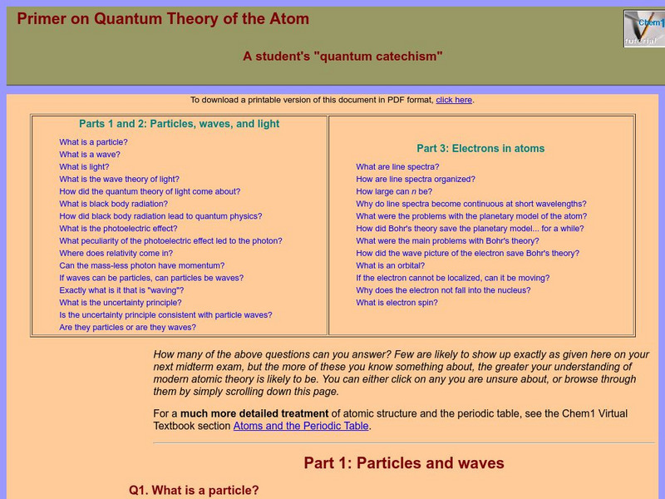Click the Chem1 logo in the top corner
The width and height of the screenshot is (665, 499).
(643, 28)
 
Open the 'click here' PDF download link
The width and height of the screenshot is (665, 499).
(454, 100)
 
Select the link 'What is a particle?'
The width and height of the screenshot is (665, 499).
(93, 142)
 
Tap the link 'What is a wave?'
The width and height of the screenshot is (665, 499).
(90, 155)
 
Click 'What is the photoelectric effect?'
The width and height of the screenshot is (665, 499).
(118, 229)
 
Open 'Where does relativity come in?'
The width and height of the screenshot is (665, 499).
(116, 254)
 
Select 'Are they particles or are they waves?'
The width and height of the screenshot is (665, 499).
(127, 328)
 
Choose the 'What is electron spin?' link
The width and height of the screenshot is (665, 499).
(397, 303)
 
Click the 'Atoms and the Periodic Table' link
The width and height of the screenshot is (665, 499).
(301, 427)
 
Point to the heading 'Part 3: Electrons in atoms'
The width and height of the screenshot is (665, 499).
(480, 149)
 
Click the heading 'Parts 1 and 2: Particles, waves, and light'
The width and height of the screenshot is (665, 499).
(180, 124)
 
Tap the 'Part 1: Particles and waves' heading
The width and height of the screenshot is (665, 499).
(404, 463)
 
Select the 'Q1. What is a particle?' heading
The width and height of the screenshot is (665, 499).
(194, 491)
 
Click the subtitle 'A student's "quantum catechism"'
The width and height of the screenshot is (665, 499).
(342, 57)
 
